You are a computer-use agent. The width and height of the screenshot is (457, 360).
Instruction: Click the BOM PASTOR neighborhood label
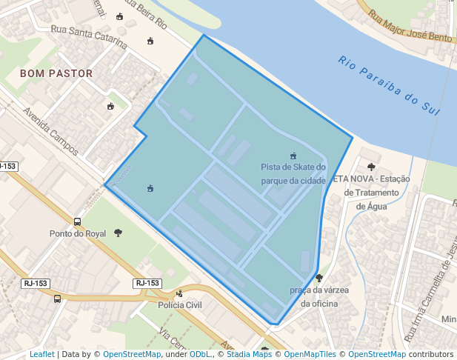pyautogui.click(x=56, y=74)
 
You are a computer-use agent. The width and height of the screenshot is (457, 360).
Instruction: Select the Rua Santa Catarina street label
pyautogui.click(x=88, y=34)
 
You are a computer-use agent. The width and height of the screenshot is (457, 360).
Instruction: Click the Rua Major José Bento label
pyautogui.click(x=410, y=24)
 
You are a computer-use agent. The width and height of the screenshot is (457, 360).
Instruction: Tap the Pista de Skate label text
pyautogui.click(x=293, y=174)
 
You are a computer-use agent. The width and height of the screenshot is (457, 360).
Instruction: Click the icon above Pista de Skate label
pyautogui.click(x=293, y=156)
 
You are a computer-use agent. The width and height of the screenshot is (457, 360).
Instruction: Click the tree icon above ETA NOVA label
pyautogui.click(x=371, y=167)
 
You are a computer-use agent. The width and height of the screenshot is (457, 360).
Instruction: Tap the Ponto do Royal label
pyautogui.click(x=78, y=233)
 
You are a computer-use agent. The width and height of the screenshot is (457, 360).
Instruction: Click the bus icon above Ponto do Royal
pyautogui.click(x=78, y=221)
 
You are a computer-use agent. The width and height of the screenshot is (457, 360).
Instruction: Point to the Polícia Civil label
pyautogui.click(x=180, y=304)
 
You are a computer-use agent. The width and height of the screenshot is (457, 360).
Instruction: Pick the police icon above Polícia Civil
pyautogui.click(x=179, y=293)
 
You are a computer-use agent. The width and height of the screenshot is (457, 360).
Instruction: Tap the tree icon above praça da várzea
pyautogui.click(x=319, y=279)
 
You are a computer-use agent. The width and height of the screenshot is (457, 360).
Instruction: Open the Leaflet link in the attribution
pyautogui.click(x=41, y=355)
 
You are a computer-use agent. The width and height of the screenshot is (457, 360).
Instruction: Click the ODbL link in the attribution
pyautogui.click(x=200, y=355)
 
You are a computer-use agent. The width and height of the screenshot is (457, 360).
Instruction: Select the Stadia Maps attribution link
pyautogui.click(x=251, y=355)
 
